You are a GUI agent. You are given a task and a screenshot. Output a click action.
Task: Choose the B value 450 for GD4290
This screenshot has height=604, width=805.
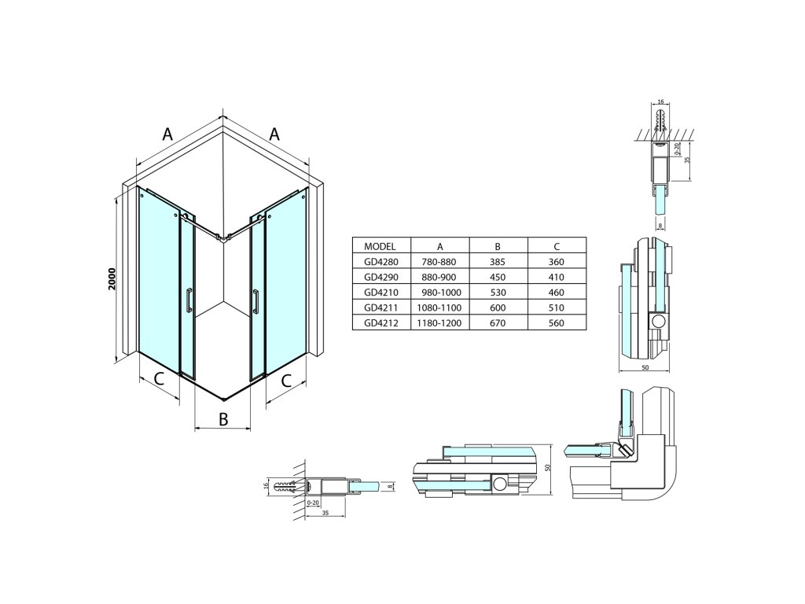coord(498,276)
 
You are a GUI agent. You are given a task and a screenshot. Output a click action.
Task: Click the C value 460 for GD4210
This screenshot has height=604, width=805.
coord(556,292)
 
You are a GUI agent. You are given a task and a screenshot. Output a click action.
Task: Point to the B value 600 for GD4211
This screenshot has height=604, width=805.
coord(498,308)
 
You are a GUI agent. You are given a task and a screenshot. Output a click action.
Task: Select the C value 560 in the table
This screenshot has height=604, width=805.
coord(556,322)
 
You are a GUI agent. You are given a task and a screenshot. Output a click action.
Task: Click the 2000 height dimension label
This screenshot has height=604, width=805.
coord(112,279)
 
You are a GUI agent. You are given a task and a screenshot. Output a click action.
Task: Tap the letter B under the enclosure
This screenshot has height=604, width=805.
coord(223,418)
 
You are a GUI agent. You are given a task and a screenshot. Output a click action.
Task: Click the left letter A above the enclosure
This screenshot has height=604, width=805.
coord(167,134)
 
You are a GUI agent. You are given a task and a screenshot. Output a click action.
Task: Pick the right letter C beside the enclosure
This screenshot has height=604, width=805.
coord(287,381)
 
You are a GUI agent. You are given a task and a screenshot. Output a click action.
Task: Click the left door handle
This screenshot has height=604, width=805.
coord(189,301)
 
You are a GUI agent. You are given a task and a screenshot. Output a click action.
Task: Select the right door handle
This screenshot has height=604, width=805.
coord(256,301)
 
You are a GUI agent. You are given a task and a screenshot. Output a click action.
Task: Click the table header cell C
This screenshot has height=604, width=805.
coord(556,245)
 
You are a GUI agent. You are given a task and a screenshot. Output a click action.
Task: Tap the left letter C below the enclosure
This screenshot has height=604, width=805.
coord(159,379)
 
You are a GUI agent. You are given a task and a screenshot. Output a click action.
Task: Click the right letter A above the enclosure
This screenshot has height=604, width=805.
coord(274,134)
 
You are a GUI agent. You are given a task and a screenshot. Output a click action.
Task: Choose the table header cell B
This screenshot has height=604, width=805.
coord(498,245)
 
